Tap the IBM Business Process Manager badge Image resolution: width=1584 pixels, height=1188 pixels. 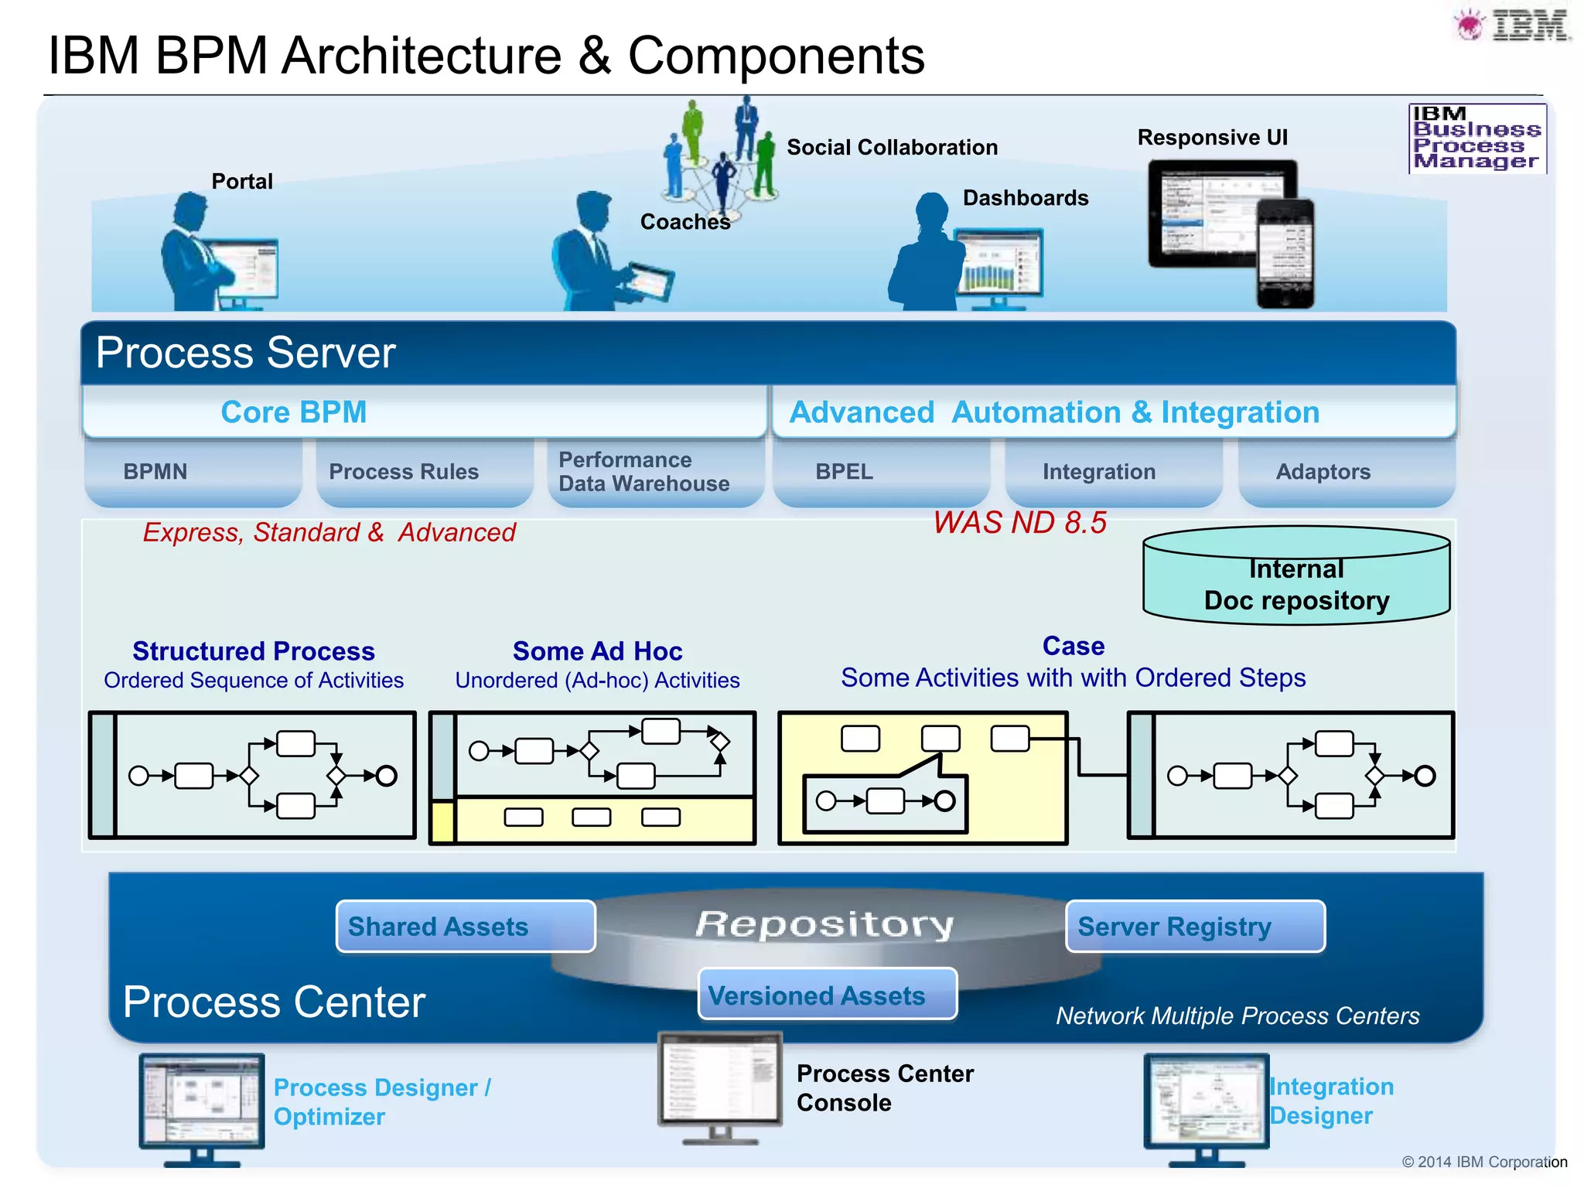pyautogui.click(x=1476, y=138)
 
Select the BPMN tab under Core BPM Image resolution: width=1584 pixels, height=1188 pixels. pyautogui.click(x=155, y=472)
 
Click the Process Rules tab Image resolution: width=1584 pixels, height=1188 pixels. pyautogui.click(x=404, y=472)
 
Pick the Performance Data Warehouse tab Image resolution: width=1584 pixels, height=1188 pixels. pyautogui.click(x=643, y=472)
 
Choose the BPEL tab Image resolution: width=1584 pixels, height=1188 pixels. pyautogui.click(x=844, y=472)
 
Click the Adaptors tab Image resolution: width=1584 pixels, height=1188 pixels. pyautogui.click(x=1323, y=472)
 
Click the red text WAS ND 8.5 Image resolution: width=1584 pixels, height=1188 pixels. pyautogui.click(x=1019, y=524)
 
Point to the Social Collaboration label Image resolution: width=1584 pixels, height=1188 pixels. pyautogui.click(x=892, y=148)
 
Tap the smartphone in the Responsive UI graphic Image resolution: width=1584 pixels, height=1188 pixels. pyautogui.click(x=1285, y=254)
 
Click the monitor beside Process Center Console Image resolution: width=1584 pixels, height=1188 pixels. pyautogui.click(x=719, y=1083)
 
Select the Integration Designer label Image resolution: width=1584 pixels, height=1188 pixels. pyautogui.click(x=1331, y=1101)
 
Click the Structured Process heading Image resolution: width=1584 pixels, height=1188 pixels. pyautogui.click(x=254, y=651)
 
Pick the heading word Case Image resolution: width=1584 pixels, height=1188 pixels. pyautogui.click(x=1073, y=646)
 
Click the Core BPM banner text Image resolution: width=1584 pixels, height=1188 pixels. pyautogui.click(x=294, y=412)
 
